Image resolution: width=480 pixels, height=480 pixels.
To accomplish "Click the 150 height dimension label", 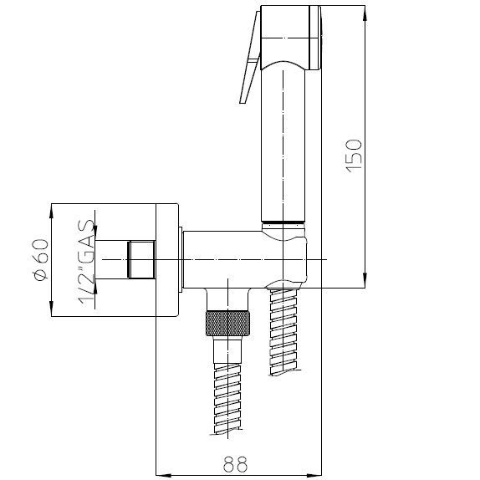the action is [355, 156].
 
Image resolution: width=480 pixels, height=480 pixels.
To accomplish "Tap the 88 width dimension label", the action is [235, 464].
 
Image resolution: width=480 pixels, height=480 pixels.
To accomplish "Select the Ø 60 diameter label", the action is [41, 259].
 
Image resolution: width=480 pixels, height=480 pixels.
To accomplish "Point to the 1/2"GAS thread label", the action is [85, 263].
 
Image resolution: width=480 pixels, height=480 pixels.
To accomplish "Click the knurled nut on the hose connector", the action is [227, 323].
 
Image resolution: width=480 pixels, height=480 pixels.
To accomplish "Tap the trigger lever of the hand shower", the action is [250, 58].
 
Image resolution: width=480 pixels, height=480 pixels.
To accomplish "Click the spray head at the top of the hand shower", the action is [290, 38].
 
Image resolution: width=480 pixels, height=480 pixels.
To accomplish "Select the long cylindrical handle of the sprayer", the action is [283, 144].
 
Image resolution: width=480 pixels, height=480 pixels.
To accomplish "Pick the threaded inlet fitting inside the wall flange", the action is [141, 259].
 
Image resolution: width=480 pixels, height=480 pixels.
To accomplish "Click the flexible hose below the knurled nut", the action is [227, 398].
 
